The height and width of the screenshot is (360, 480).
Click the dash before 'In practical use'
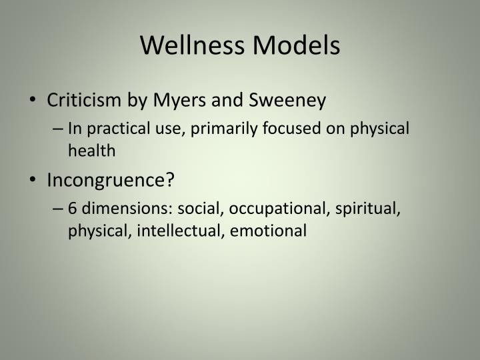point(59,129)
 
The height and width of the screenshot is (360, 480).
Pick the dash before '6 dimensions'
point(59,209)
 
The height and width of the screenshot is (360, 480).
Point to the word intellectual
point(171,231)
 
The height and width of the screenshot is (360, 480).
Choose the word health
point(91,151)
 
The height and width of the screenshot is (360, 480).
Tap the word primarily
point(227,129)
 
